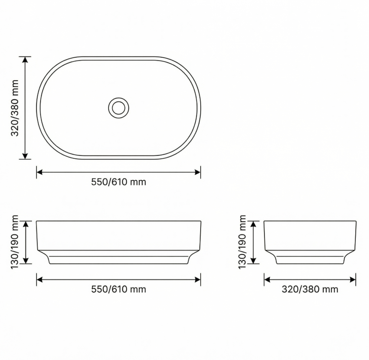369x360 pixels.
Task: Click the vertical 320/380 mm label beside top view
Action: point(15,108)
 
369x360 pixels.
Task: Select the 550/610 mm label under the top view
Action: point(119,182)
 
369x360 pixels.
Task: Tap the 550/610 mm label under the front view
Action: point(119,289)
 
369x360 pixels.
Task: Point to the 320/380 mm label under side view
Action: point(310,289)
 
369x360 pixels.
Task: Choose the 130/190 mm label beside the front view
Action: point(15,242)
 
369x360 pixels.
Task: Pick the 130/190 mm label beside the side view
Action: point(242,242)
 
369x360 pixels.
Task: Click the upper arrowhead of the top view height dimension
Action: point(25,59)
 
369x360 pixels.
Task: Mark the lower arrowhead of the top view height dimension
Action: point(25,156)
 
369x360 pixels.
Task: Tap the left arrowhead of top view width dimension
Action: point(39,172)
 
